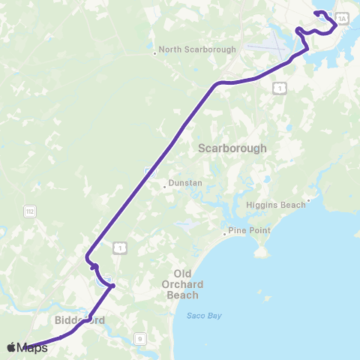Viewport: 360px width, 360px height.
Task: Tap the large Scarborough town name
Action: click(x=232, y=148)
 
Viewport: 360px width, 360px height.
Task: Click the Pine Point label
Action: click(x=250, y=230)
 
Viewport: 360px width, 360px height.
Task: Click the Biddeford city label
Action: click(x=79, y=320)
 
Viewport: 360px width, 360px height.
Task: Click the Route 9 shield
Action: click(x=139, y=339)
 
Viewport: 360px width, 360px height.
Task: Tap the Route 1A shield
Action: click(x=342, y=19)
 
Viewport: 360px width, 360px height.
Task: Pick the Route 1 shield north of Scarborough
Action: click(x=280, y=88)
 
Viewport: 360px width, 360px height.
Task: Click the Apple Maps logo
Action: click(x=27, y=347)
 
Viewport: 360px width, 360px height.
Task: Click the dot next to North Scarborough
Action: click(x=154, y=52)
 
